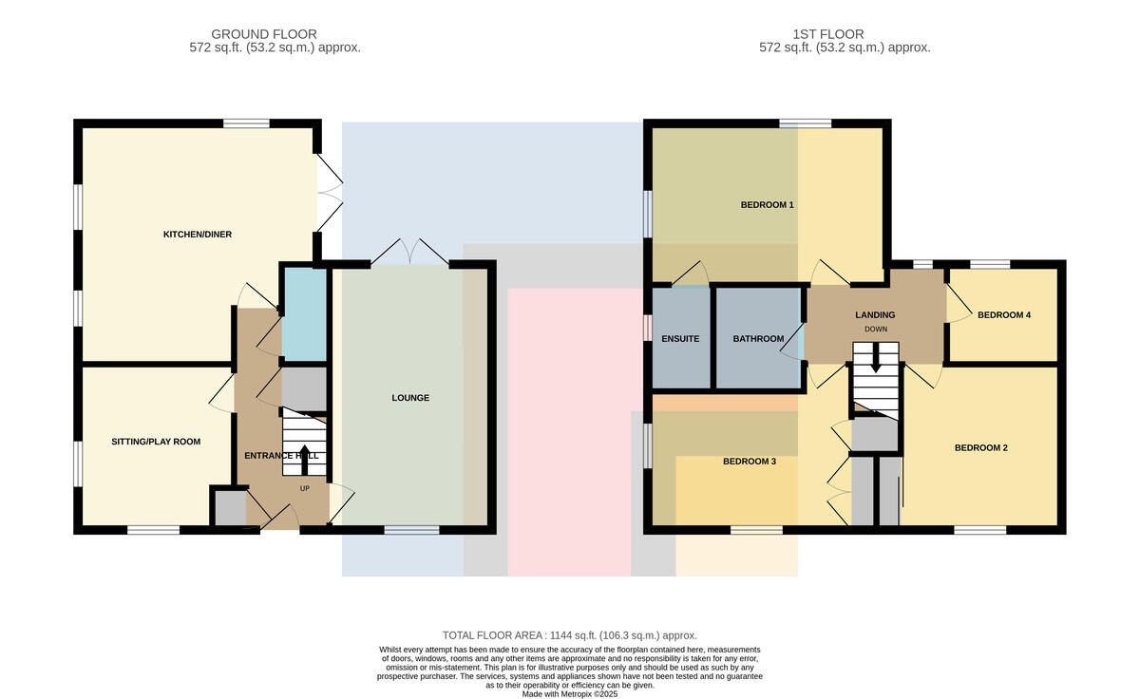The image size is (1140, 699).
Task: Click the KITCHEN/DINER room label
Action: pyautogui.click(x=198, y=235)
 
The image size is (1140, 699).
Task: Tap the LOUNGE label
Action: pyautogui.click(x=410, y=398)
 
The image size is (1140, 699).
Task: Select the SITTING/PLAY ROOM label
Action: pyautogui.click(x=156, y=442)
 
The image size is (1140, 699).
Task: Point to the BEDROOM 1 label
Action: pyautogui.click(x=767, y=205)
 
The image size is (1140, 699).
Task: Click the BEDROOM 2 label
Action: pyautogui.click(x=980, y=448)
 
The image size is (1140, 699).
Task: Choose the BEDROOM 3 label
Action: pyautogui.click(x=750, y=462)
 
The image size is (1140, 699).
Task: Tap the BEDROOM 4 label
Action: pyautogui.click(x=1004, y=315)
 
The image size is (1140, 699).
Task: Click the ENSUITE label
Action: pyautogui.click(x=680, y=339)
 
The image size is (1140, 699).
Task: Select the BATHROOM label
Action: pyautogui.click(x=758, y=339)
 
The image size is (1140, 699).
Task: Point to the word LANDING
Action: pyautogui.click(x=875, y=315)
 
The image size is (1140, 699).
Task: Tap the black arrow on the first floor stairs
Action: pyautogui.click(x=875, y=358)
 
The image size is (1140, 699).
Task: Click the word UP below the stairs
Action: pyautogui.click(x=304, y=489)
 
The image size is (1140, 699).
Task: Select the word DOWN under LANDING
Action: pyautogui.click(x=875, y=330)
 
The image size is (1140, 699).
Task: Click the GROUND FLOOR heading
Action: pyautogui.click(x=264, y=34)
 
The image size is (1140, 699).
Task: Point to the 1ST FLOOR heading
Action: pyautogui.click(x=828, y=34)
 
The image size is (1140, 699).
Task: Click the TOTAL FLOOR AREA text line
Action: pyautogui.click(x=569, y=635)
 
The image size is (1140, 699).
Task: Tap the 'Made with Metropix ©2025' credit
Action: pyautogui.click(x=569, y=694)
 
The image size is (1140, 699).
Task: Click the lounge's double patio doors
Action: pyautogui.click(x=409, y=252)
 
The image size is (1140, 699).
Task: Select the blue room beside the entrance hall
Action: pyautogui.click(x=304, y=314)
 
